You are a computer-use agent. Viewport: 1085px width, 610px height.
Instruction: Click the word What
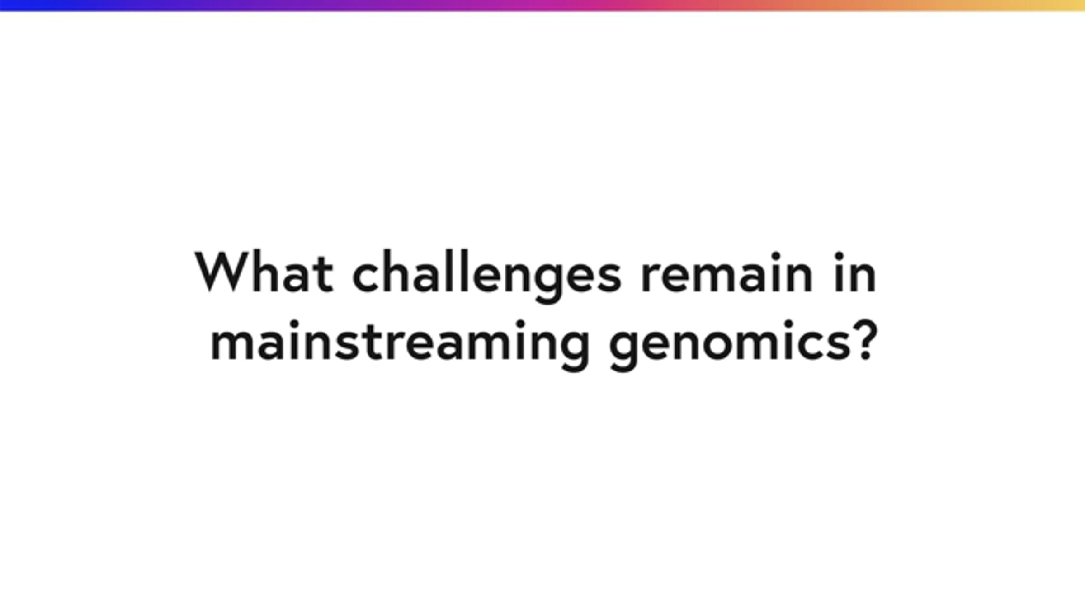tap(264, 272)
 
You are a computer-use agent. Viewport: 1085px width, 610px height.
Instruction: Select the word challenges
tap(487, 276)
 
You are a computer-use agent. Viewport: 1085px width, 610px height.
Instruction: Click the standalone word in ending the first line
tap(855, 272)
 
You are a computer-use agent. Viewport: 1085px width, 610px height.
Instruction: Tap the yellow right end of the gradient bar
tap(1080, 5)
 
